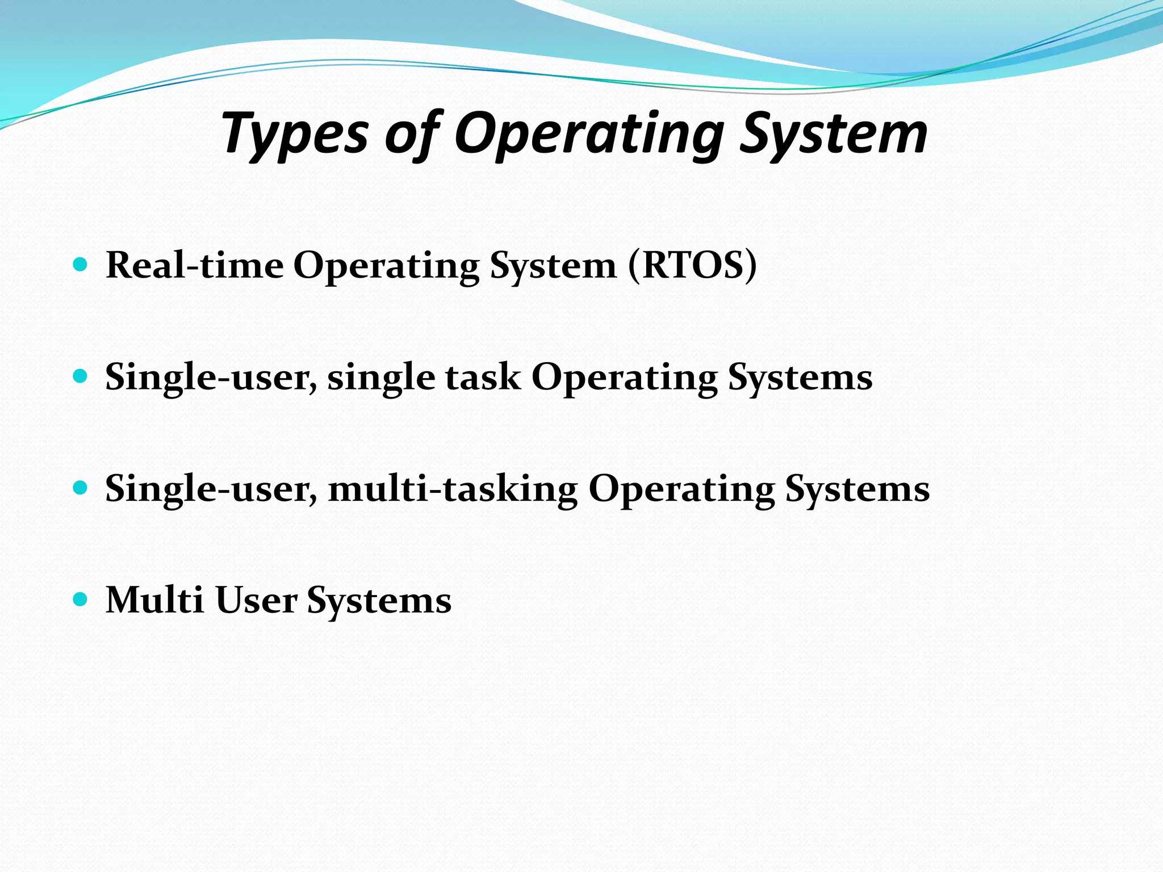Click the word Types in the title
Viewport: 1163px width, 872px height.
click(x=295, y=135)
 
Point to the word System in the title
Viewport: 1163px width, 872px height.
click(x=834, y=135)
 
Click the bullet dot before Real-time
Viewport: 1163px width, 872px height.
click(x=81, y=264)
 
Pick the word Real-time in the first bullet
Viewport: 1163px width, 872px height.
click(x=194, y=265)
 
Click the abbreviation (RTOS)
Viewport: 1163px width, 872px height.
click(x=692, y=265)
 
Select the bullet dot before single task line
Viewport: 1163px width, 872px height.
click(x=81, y=376)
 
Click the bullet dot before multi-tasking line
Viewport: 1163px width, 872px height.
click(x=81, y=487)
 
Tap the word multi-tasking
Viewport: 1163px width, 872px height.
click(x=453, y=489)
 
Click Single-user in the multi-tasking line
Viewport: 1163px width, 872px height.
click(x=211, y=489)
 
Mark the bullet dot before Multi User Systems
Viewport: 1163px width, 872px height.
click(x=81, y=599)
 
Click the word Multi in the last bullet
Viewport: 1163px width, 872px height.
click(x=154, y=600)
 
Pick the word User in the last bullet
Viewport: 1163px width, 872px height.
click(x=256, y=600)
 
